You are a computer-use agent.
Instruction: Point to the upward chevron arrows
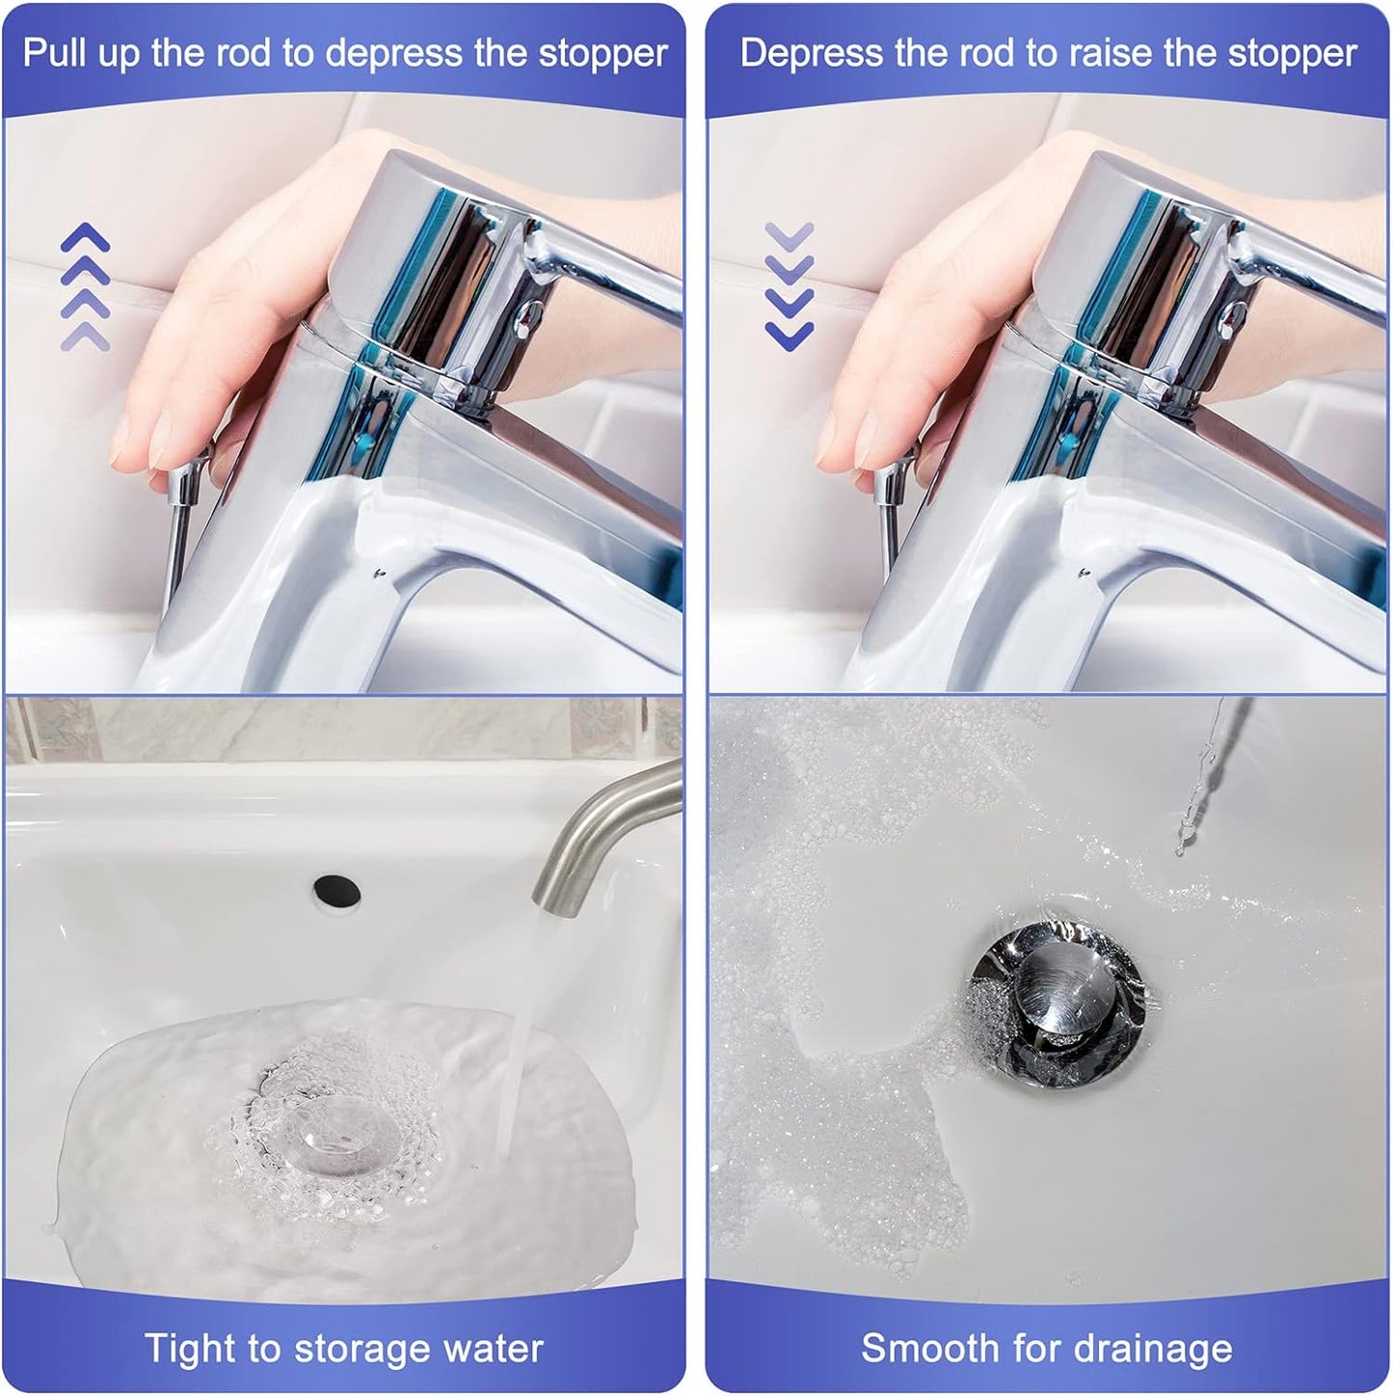(85, 286)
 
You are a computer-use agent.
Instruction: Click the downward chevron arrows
(790, 286)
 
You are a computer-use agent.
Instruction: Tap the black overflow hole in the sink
(336, 889)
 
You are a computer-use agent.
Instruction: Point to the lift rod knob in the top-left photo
(186, 479)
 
